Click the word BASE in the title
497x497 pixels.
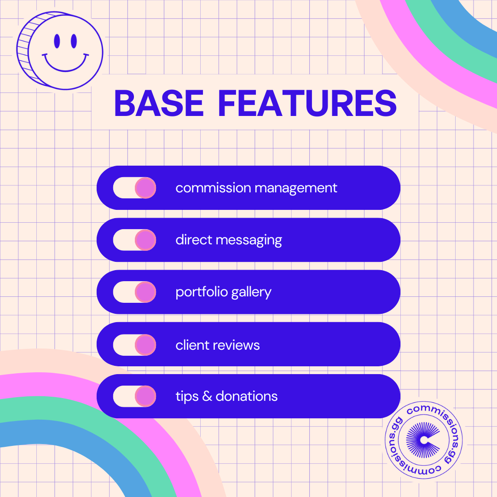click(158, 103)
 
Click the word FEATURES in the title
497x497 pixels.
click(307, 103)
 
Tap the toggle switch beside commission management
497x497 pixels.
click(134, 188)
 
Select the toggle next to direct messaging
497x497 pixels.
click(134, 240)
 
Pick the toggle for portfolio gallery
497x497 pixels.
click(134, 292)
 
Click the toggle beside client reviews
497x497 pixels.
click(134, 345)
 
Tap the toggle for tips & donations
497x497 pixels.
click(134, 396)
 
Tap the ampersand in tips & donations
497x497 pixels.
click(207, 396)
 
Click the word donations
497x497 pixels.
click(247, 396)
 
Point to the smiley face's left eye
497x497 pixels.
click(57, 41)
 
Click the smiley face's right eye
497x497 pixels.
click(74, 41)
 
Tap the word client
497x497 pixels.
click(189, 345)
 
